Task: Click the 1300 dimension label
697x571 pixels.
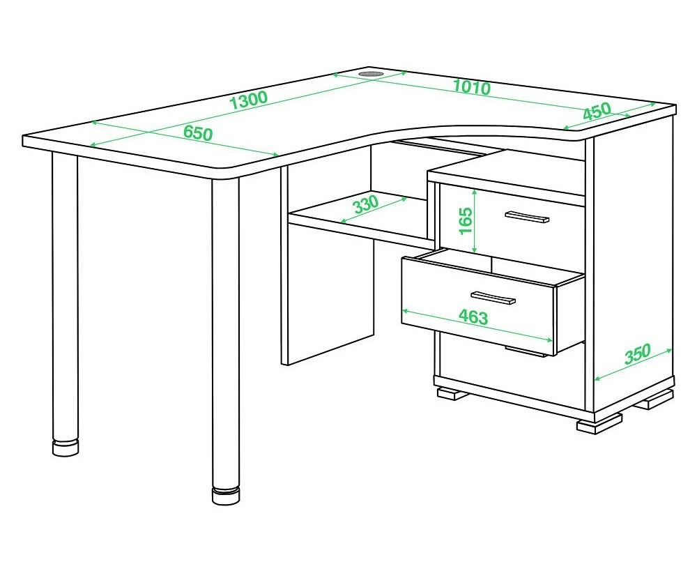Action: [x=250, y=101]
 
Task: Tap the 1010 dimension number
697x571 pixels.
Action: [x=472, y=87]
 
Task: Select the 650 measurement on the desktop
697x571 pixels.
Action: [x=198, y=132]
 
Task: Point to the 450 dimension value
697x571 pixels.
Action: [x=597, y=111]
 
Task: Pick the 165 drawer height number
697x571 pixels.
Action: [x=465, y=221]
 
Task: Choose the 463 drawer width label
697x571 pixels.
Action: [x=473, y=317]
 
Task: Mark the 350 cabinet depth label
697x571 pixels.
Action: [x=637, y=353]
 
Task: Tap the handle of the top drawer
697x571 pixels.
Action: [x=527, y=217]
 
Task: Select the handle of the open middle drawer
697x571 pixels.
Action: [x=493, y=298]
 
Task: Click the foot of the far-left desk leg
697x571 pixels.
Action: [x=66, y=448]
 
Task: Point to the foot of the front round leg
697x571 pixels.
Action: [x=226, y=496]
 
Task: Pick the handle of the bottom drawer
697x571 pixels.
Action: [x=526, y=351]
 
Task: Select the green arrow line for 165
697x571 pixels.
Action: [x=475, y=221]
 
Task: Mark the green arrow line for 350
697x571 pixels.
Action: [x=634, y=365]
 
